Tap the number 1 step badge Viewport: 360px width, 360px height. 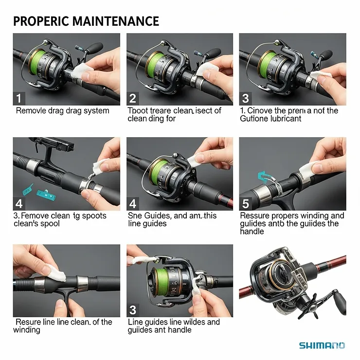point(19,98)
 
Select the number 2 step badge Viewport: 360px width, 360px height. point(133,98)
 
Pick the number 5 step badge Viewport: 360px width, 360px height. point(246,203)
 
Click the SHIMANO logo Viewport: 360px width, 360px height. point(322,345)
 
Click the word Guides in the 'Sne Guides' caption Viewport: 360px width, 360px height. point(157,216)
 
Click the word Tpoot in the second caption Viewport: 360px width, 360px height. point(138,111)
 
